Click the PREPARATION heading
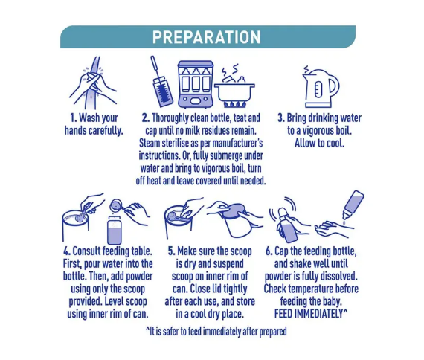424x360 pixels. pyautogui.click(x=207, y=37)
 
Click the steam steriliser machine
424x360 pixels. pyautogui.click(x=196, y=84)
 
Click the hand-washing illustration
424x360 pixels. pyautogui.click(x=93, y=83)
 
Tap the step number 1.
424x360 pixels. pyautogui.click(x=74, y=118)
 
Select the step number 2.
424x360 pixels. pyautogui.click(x=146, y=118)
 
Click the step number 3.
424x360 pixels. pyautogui.click(x=281, y=118)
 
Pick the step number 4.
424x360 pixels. pyautogui.click(x=66, y=251)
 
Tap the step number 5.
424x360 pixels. pyautogui.click(x=171, y=251)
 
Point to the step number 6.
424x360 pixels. pyautogui.click(x=269, y=251)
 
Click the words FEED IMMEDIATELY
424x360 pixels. pyautogui.click(x=309, y=314)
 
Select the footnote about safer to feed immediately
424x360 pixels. pyautogui.click(x=216, y=332)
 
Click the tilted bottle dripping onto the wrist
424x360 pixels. pyautogui.click(x=353, y=205)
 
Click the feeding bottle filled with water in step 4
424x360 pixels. pyautogui.click(x=115, y=230)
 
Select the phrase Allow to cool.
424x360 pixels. pyautogui.click(x=319, y=143)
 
